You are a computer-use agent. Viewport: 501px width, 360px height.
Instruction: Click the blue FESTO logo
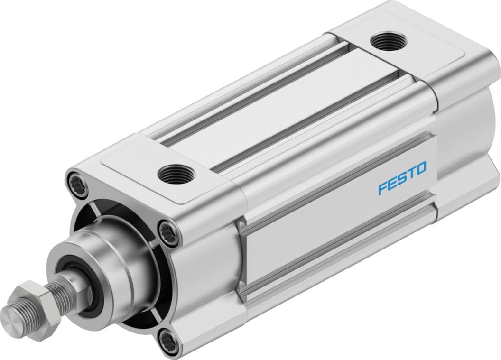point(402,178)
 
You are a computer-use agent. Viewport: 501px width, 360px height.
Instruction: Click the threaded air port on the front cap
point(176,174)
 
